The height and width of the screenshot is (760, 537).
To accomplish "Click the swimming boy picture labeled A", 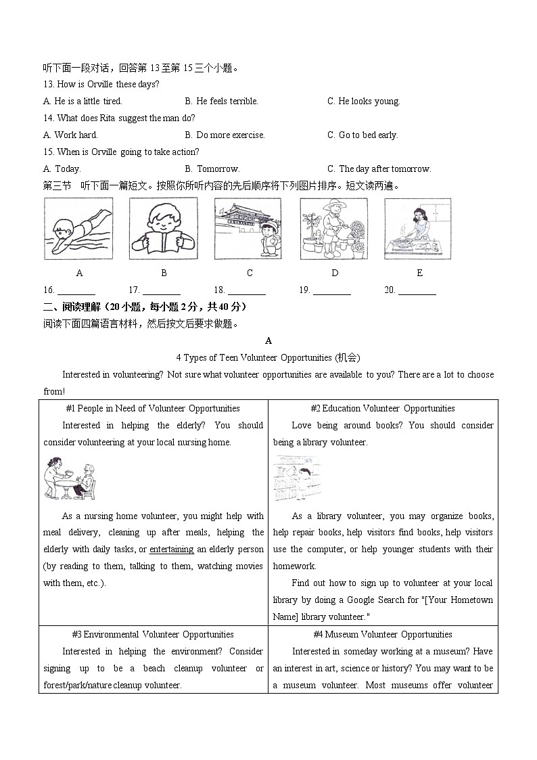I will (78, 229).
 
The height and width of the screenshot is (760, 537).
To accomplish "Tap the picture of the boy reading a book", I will (164, 229).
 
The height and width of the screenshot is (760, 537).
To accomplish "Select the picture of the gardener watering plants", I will (334, 229).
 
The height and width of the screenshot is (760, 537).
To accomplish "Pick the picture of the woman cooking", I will (417, 229).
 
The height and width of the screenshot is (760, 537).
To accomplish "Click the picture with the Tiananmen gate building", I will (248, 229).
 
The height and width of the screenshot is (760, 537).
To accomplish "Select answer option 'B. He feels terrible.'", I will (221, 102).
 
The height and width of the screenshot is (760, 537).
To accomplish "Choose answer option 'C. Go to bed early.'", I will (363, 135).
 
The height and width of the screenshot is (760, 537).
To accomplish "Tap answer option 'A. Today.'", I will (62, 169).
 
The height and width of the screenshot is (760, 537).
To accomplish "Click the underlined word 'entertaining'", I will (172, 550).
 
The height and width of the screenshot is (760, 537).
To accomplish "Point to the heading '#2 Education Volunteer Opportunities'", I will (383, 409).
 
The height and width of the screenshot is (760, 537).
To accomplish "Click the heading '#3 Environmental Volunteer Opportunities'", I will (153, 635).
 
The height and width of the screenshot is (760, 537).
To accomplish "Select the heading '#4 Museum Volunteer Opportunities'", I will (383, 635).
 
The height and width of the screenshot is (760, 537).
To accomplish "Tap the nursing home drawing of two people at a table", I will (70, 479).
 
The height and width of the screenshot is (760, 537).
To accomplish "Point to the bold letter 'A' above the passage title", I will (268, 341).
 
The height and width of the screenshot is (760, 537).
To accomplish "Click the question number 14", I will (48, 118).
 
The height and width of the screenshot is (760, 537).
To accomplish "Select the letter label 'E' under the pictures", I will (419, 273).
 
